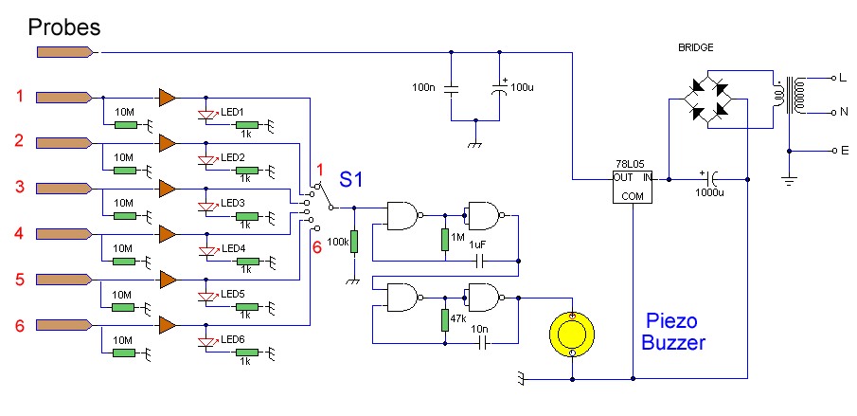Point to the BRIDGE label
tap(695, 46)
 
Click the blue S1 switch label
tap(352, 180)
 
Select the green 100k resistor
tap(353, 243)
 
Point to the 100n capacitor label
tap(423, 88)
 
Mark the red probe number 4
tap(19, 233)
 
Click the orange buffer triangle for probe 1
tap(168, 97)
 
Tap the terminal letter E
tap(833, 151)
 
